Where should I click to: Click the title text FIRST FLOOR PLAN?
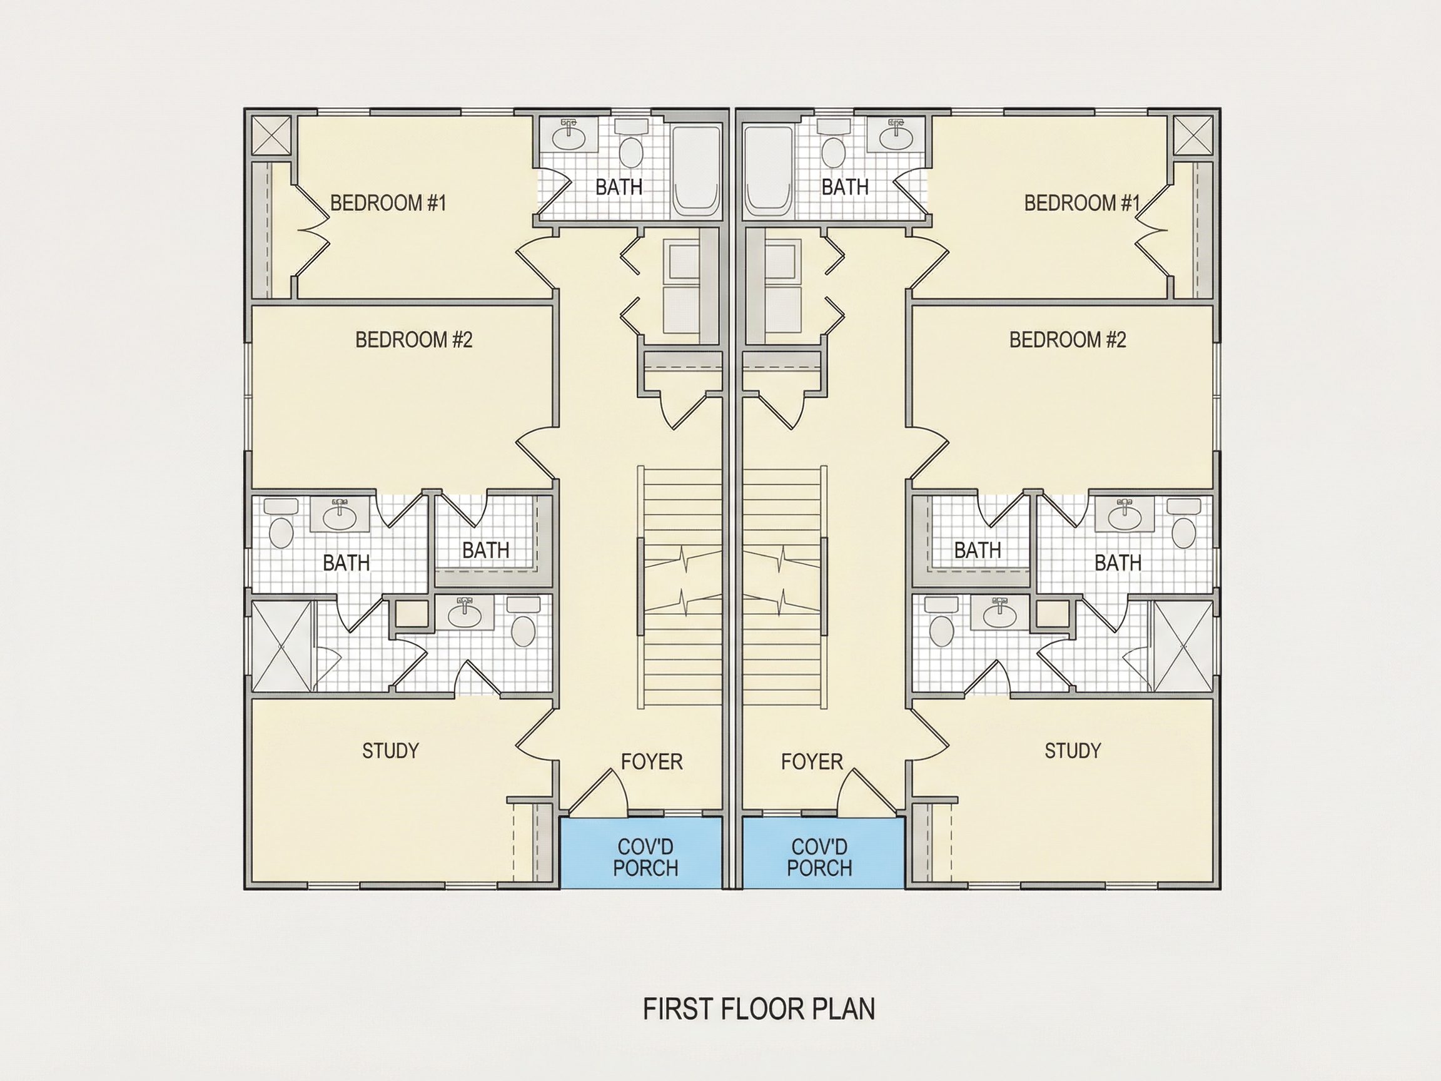coord(759,1009)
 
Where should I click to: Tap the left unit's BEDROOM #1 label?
coord(388,203)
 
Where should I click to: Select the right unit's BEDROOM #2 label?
coord(1068,340)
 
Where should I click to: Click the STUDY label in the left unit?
coord(390,751)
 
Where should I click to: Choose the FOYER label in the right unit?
coord(812,761)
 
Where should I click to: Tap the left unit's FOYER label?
coord(652,761)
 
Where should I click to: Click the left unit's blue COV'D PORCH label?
coord(645,858)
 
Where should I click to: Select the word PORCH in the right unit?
coord(819,868)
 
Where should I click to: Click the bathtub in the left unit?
coord(696,171)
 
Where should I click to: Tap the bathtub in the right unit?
coord(769,171)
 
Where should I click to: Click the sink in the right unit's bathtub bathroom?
coord(896,135)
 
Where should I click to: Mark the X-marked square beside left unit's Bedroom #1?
coord(271,136)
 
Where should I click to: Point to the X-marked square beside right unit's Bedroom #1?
coord(1193,136)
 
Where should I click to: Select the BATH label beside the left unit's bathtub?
coord(619,187)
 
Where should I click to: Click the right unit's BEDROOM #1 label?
coord(1082,203)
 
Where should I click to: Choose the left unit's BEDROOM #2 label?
coord(413,340)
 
